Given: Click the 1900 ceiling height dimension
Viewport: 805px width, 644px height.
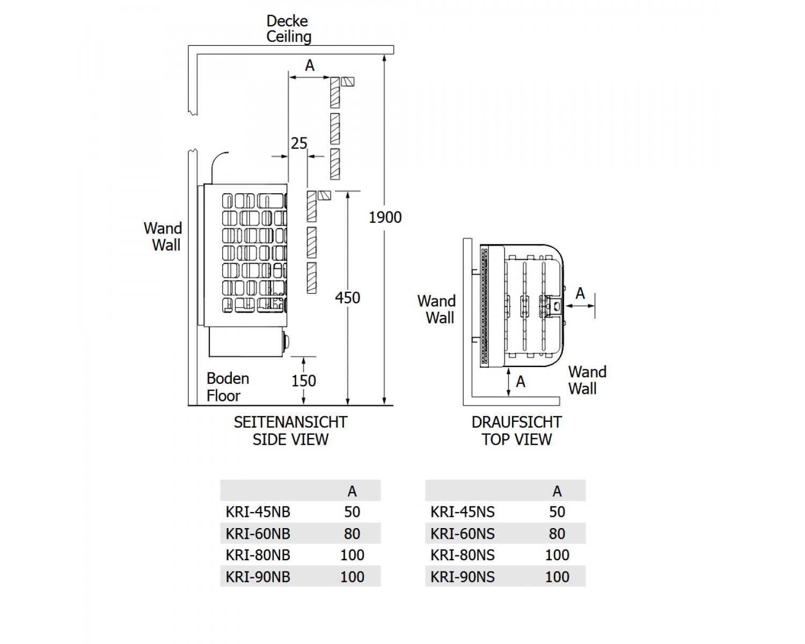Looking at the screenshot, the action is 385,217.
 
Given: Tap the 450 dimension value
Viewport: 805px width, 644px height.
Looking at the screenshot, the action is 348,298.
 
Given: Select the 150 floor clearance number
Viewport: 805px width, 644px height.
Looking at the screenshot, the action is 303,381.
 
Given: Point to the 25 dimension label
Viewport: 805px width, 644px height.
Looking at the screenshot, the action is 299,143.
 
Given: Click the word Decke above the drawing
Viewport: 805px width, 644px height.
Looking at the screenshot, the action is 287,21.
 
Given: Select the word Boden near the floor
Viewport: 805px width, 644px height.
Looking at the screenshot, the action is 228,379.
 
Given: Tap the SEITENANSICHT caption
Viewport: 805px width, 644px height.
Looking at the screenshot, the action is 291,422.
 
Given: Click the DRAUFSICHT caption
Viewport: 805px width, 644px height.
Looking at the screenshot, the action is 517,422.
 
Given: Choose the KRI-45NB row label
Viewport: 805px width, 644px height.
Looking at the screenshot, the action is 258,512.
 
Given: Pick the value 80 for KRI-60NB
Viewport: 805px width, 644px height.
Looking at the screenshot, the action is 352,533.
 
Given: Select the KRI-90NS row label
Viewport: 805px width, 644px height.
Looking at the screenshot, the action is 463,577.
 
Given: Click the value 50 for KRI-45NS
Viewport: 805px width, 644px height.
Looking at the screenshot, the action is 557,512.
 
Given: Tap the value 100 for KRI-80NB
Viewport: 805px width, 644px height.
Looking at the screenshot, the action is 352,555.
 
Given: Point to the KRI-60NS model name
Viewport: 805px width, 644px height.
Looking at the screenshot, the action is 463,533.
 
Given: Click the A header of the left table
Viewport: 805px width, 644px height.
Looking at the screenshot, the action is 352,492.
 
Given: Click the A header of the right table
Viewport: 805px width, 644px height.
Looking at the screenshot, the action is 557,492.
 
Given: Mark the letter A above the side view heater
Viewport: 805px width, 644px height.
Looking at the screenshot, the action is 310,65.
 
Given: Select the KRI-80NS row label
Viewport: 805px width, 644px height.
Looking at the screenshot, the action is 463,555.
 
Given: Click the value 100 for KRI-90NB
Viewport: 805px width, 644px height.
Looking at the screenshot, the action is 352,577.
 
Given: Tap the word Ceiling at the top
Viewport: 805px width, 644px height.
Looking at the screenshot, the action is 289,37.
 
